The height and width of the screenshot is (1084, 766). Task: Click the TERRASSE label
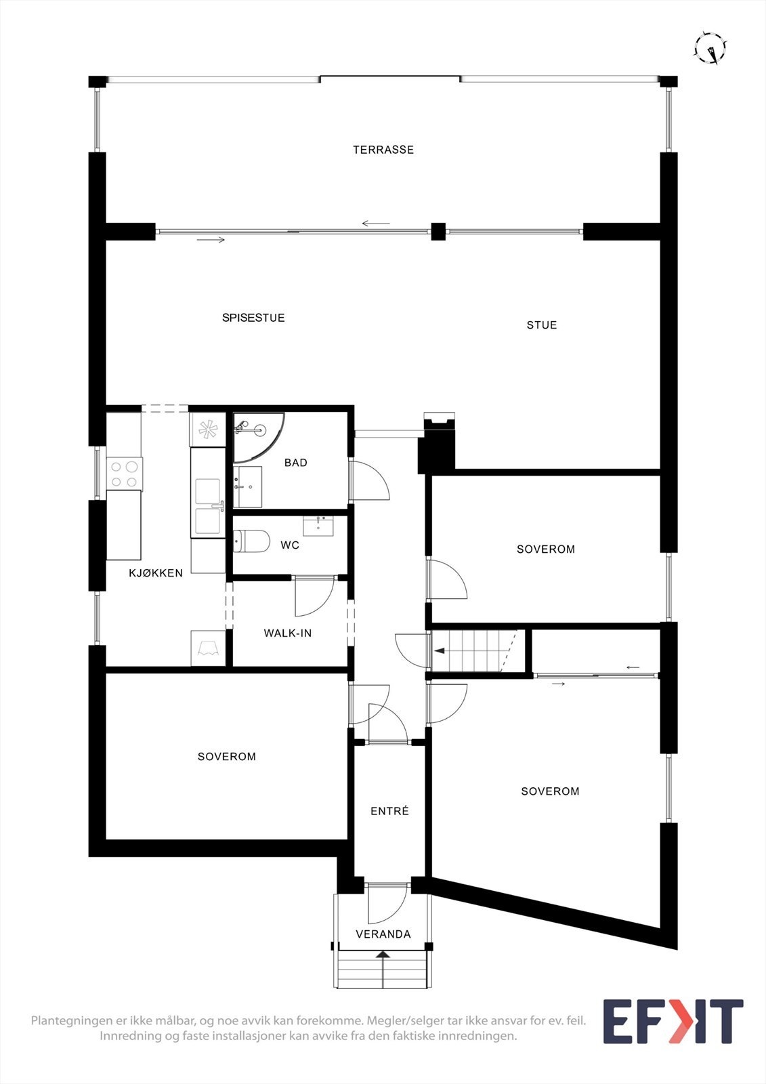(383, 150)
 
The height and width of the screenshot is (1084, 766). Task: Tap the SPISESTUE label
(253, 318)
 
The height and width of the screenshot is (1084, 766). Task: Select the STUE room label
(542, 325)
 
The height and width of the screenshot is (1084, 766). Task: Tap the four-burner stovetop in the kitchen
(123, 474)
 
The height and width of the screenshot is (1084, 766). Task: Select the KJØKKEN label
(156, 573)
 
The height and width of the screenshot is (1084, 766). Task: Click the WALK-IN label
(288, 633)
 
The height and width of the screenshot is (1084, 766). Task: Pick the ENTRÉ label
(389, 811)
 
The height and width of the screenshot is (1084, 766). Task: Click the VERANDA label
(383, 934)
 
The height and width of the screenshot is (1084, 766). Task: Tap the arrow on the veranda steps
(383, 956)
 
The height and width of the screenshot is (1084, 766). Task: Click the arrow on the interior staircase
(440, 651)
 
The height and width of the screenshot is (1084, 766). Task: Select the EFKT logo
(673, 1021)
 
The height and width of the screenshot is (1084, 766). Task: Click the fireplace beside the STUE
(438, 444)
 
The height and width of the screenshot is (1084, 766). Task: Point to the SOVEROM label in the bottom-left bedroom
(227, 757)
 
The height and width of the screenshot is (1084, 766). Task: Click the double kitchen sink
(207, 507)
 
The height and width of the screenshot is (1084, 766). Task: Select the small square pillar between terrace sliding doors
(439, 231)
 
